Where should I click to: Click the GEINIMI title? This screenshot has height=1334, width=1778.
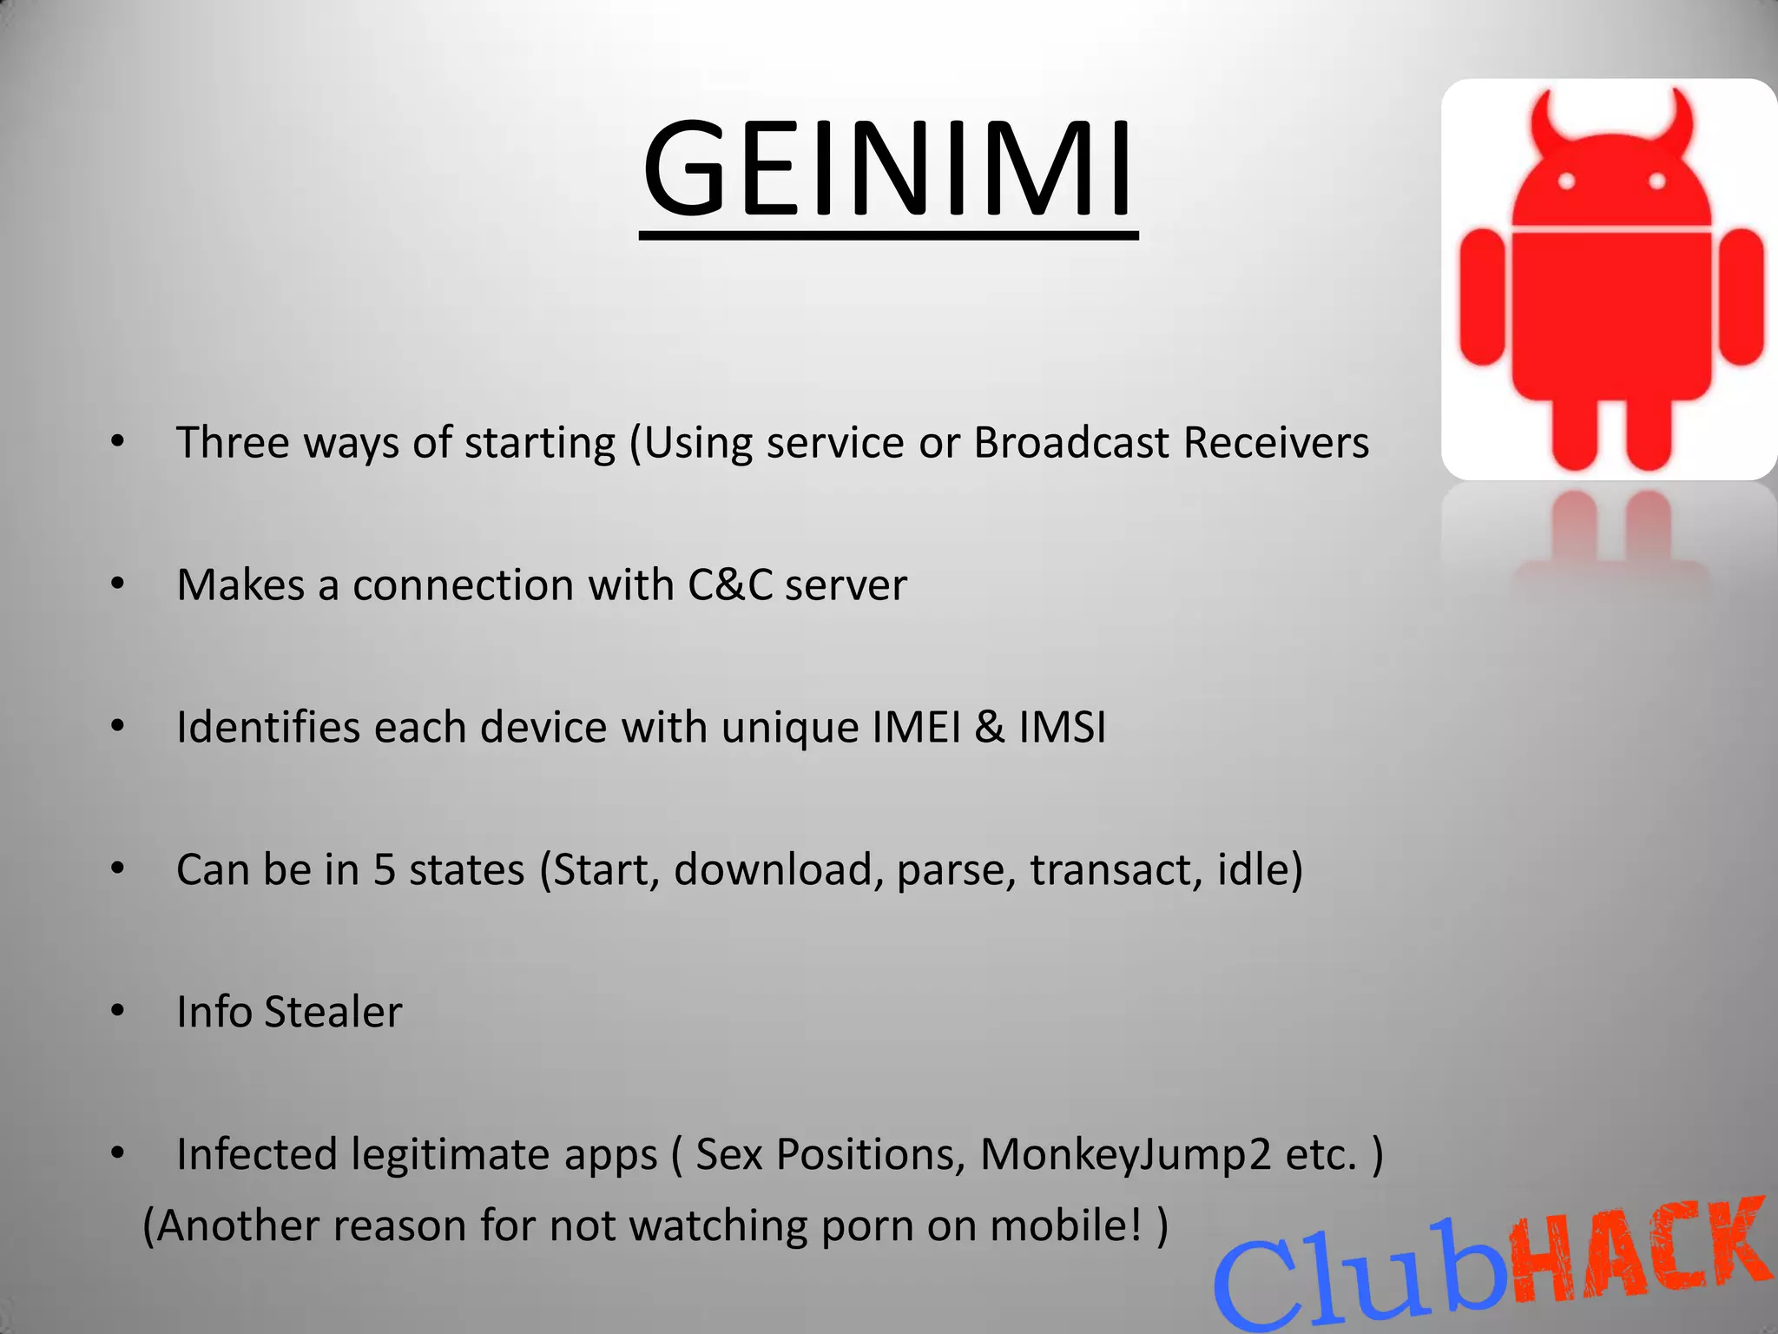887,169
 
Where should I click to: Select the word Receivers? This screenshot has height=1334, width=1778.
1276,443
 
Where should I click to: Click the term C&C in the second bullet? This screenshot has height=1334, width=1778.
730,584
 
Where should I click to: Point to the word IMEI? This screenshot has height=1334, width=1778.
917,727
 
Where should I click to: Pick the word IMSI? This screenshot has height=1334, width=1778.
1063,727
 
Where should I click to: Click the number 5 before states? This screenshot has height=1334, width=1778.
385,869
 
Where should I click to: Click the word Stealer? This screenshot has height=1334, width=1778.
333,1012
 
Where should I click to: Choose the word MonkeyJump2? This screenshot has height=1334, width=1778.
1125,1155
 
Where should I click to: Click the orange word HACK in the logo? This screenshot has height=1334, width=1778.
1641,1251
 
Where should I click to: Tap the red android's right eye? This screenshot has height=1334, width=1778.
1656,182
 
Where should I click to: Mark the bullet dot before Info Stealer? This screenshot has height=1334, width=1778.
118,1011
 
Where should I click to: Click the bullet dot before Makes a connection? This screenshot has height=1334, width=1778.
118,584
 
